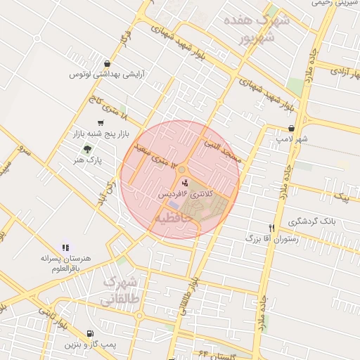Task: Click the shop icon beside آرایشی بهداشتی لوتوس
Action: coord(106,63)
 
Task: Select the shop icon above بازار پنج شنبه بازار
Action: coord(91,122)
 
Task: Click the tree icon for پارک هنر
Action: coord(87,149)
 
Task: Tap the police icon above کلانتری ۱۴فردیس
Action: coord(174,182)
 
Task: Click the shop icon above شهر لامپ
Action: coord(291,129)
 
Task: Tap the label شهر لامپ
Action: coord(291,139)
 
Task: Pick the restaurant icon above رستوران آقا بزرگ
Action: coord(271,228)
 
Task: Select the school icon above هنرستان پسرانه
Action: coord(66,247)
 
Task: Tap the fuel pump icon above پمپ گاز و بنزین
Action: coord(89,334)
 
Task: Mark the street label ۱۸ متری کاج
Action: coord(105,110)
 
